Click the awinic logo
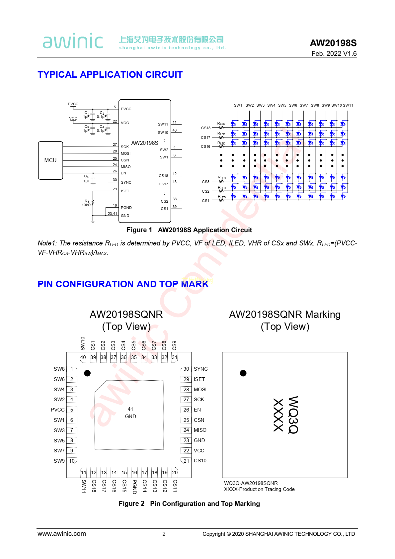73,41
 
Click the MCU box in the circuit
50,160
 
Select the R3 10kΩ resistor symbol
93,203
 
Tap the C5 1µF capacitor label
86,179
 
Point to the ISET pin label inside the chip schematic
125,191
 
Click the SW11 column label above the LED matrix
348,105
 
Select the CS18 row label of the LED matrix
205,128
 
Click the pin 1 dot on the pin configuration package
87,373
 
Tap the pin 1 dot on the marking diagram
243,373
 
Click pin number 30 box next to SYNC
186,369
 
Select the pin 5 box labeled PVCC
72,410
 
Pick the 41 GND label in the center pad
130,413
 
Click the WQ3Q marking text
293,415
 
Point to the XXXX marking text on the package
278,415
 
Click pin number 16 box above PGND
134,472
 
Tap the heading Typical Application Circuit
110,74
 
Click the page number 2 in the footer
164,534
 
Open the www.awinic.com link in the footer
62,534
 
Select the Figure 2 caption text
189,504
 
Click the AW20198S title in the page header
333,43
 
